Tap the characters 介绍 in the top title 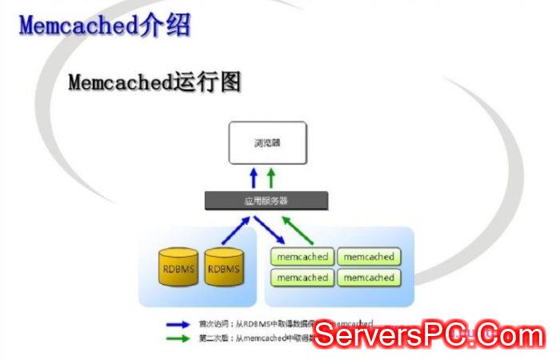165,25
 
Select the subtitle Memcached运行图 154,82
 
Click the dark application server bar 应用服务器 266,201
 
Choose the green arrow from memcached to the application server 298,229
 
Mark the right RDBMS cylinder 223,270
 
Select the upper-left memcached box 302,258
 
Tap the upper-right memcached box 368,258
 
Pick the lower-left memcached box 302,278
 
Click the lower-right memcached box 368,278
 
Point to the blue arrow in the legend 178,324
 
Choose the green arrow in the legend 178,338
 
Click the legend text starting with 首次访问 256,324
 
